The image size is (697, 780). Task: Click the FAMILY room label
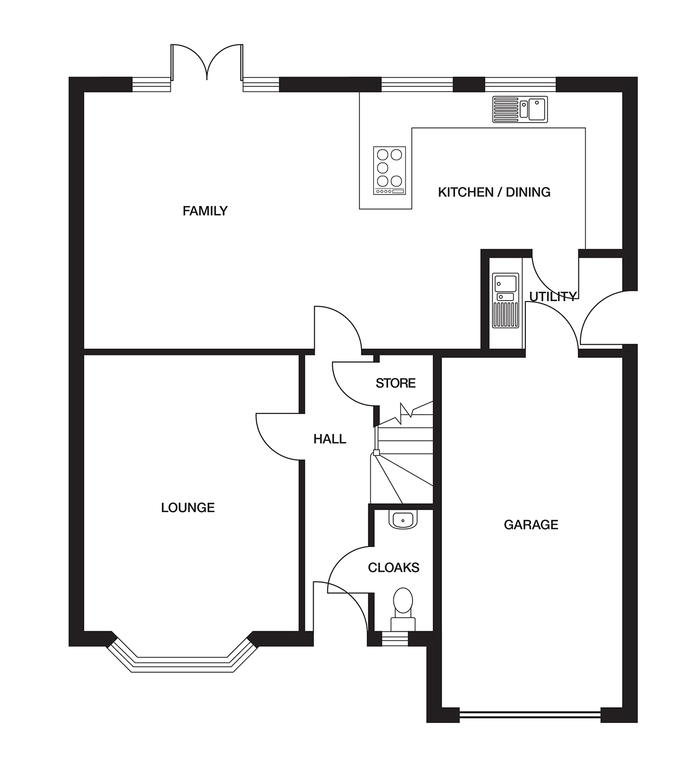(205, 211)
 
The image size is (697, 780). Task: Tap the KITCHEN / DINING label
(494, 192)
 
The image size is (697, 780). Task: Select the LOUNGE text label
(188, 508)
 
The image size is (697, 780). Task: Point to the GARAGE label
(531, 525)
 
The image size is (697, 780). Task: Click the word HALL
(330, 439)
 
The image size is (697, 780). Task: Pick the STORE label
(395, 383)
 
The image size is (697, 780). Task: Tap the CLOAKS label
(393, 567)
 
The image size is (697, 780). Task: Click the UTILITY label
(552, 296)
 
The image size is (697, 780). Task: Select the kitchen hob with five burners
(390, 171)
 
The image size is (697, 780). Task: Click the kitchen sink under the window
(520, 109)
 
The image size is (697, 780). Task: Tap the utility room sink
(506, 301)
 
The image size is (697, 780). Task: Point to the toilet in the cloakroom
(403, 608)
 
